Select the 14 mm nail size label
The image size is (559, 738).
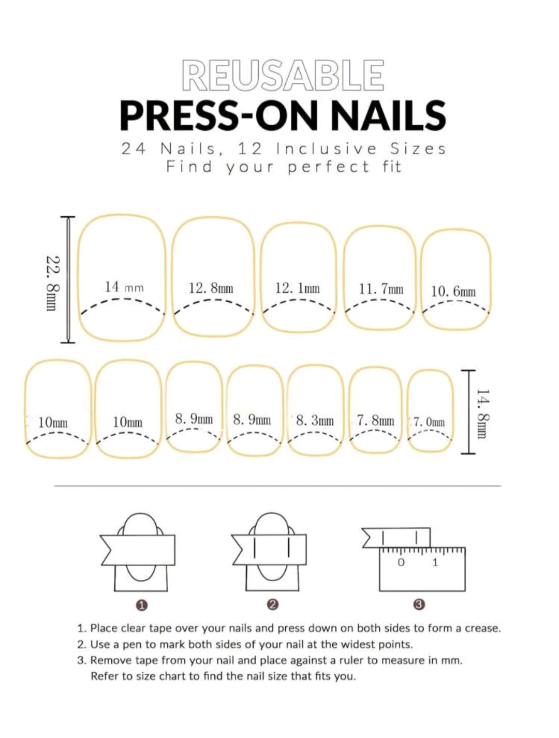(124, 287)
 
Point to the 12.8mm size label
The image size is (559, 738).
(211, 288)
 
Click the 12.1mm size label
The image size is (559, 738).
(297, 288)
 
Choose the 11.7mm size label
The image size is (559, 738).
(381, 289)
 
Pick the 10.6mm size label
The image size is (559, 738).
(453, 291)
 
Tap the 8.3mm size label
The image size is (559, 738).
(315, 421)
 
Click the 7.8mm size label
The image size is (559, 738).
(375, 421)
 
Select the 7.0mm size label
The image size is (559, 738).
(429, 422)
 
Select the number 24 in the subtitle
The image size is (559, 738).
(134, 149)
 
